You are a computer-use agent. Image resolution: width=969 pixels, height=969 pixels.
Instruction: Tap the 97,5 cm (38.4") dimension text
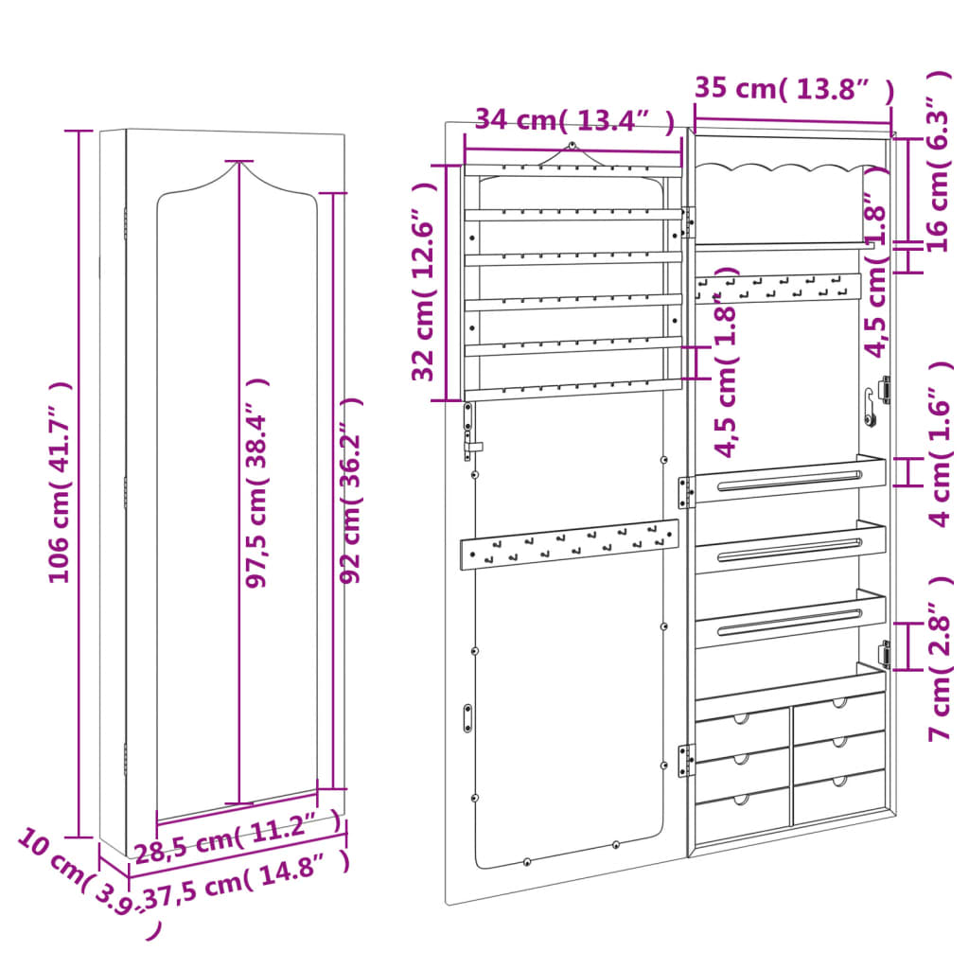click(x=256, y=483)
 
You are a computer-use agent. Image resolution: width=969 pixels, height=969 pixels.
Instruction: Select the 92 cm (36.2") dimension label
click(x=351, y=490)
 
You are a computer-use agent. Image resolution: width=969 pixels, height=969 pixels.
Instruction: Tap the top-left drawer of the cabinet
click(x=743, y=729)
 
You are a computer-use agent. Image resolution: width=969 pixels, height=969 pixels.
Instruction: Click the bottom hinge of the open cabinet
click(x=686, y=760)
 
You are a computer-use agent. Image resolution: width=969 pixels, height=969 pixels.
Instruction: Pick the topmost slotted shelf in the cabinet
click(x=789, y=480)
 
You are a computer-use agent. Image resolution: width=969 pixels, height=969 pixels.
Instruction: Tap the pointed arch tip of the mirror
click(x=238, y=163)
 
